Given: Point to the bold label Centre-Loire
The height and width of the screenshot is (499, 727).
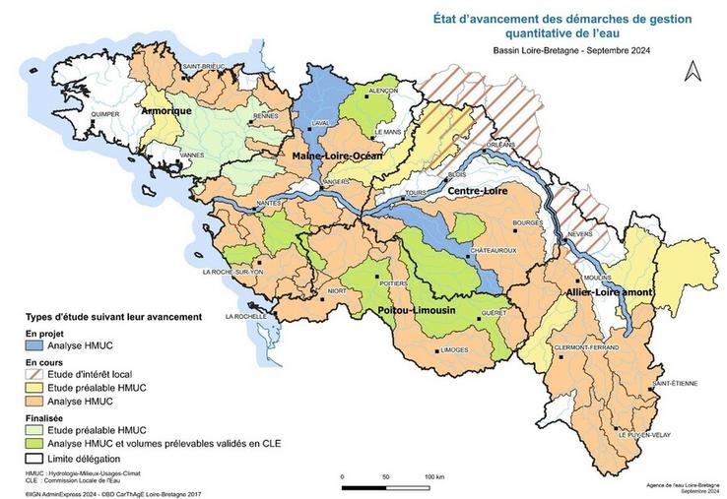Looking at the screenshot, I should coord(477,191).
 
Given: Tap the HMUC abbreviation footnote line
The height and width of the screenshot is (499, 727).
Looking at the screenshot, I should coord(78,474).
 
